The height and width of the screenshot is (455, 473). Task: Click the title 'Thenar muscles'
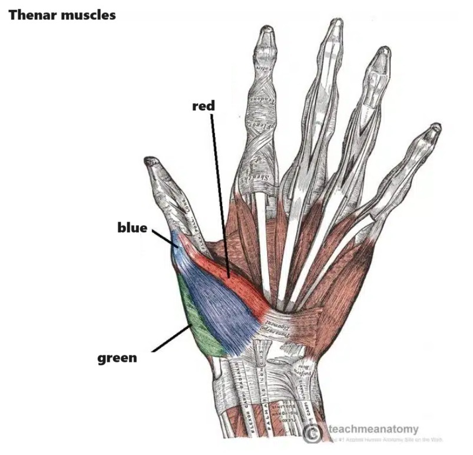point(62,14)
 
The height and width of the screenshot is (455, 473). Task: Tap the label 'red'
point(203,106)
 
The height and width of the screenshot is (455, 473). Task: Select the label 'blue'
point(132,227)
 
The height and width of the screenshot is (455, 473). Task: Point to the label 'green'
point(117,357)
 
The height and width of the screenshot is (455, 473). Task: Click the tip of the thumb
point(151,161)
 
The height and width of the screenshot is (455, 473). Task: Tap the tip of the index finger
point(267,31)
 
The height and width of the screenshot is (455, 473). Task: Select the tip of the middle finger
point(336,24)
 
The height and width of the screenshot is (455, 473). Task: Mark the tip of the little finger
point(435,127)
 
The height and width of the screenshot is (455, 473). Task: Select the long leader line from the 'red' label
point(218,194)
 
